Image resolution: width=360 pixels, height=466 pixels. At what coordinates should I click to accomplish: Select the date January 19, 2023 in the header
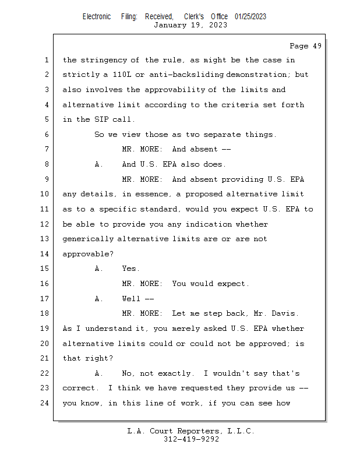[x=190, y=25]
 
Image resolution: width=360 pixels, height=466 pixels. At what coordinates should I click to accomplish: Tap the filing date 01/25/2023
[x=250, y=16]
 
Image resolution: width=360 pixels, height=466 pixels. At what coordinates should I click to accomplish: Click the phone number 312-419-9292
[x=191, y=439]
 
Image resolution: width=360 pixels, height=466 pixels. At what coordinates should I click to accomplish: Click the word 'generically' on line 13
[x=87, y=239]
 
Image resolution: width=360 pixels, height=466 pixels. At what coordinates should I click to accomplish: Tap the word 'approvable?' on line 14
[x=87, y=254]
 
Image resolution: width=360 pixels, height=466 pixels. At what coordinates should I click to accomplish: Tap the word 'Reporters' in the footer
[x=193, y=431]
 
